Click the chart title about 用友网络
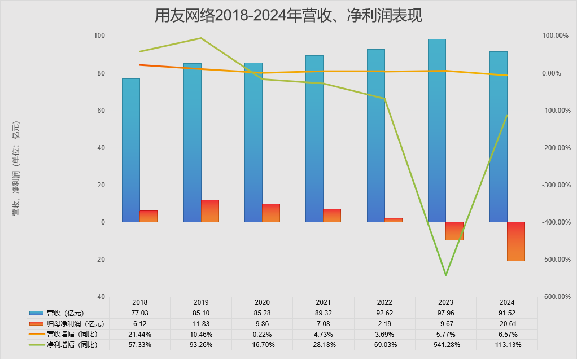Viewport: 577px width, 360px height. coord(288,15)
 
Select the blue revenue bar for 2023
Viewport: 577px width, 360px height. coord(437,130)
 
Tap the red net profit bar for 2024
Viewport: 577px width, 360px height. coord(516,242)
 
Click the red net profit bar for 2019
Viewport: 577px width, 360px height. coord(210,210)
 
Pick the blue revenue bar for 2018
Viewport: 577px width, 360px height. coord(131,150)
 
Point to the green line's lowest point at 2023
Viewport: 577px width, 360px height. coord(445,275)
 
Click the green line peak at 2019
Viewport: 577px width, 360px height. coord(202,38)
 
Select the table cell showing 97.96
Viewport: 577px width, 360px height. coord(445,313)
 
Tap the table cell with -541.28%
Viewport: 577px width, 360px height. coord(445,344)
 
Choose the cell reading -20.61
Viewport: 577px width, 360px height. coord(506,324)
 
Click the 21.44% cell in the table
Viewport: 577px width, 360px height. coord(140,334)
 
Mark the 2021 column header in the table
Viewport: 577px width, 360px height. coord(324,302)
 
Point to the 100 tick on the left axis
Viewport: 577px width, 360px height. coord(99,36)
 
